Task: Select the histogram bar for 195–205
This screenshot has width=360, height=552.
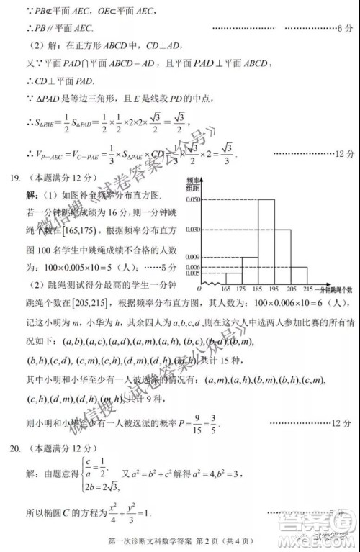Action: pos(283,256)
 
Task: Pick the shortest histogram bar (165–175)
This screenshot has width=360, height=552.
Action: pos(234,278)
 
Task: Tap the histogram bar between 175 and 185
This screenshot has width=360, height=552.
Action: pos(250,270)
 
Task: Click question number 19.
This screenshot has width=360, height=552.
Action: pos(12,177)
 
